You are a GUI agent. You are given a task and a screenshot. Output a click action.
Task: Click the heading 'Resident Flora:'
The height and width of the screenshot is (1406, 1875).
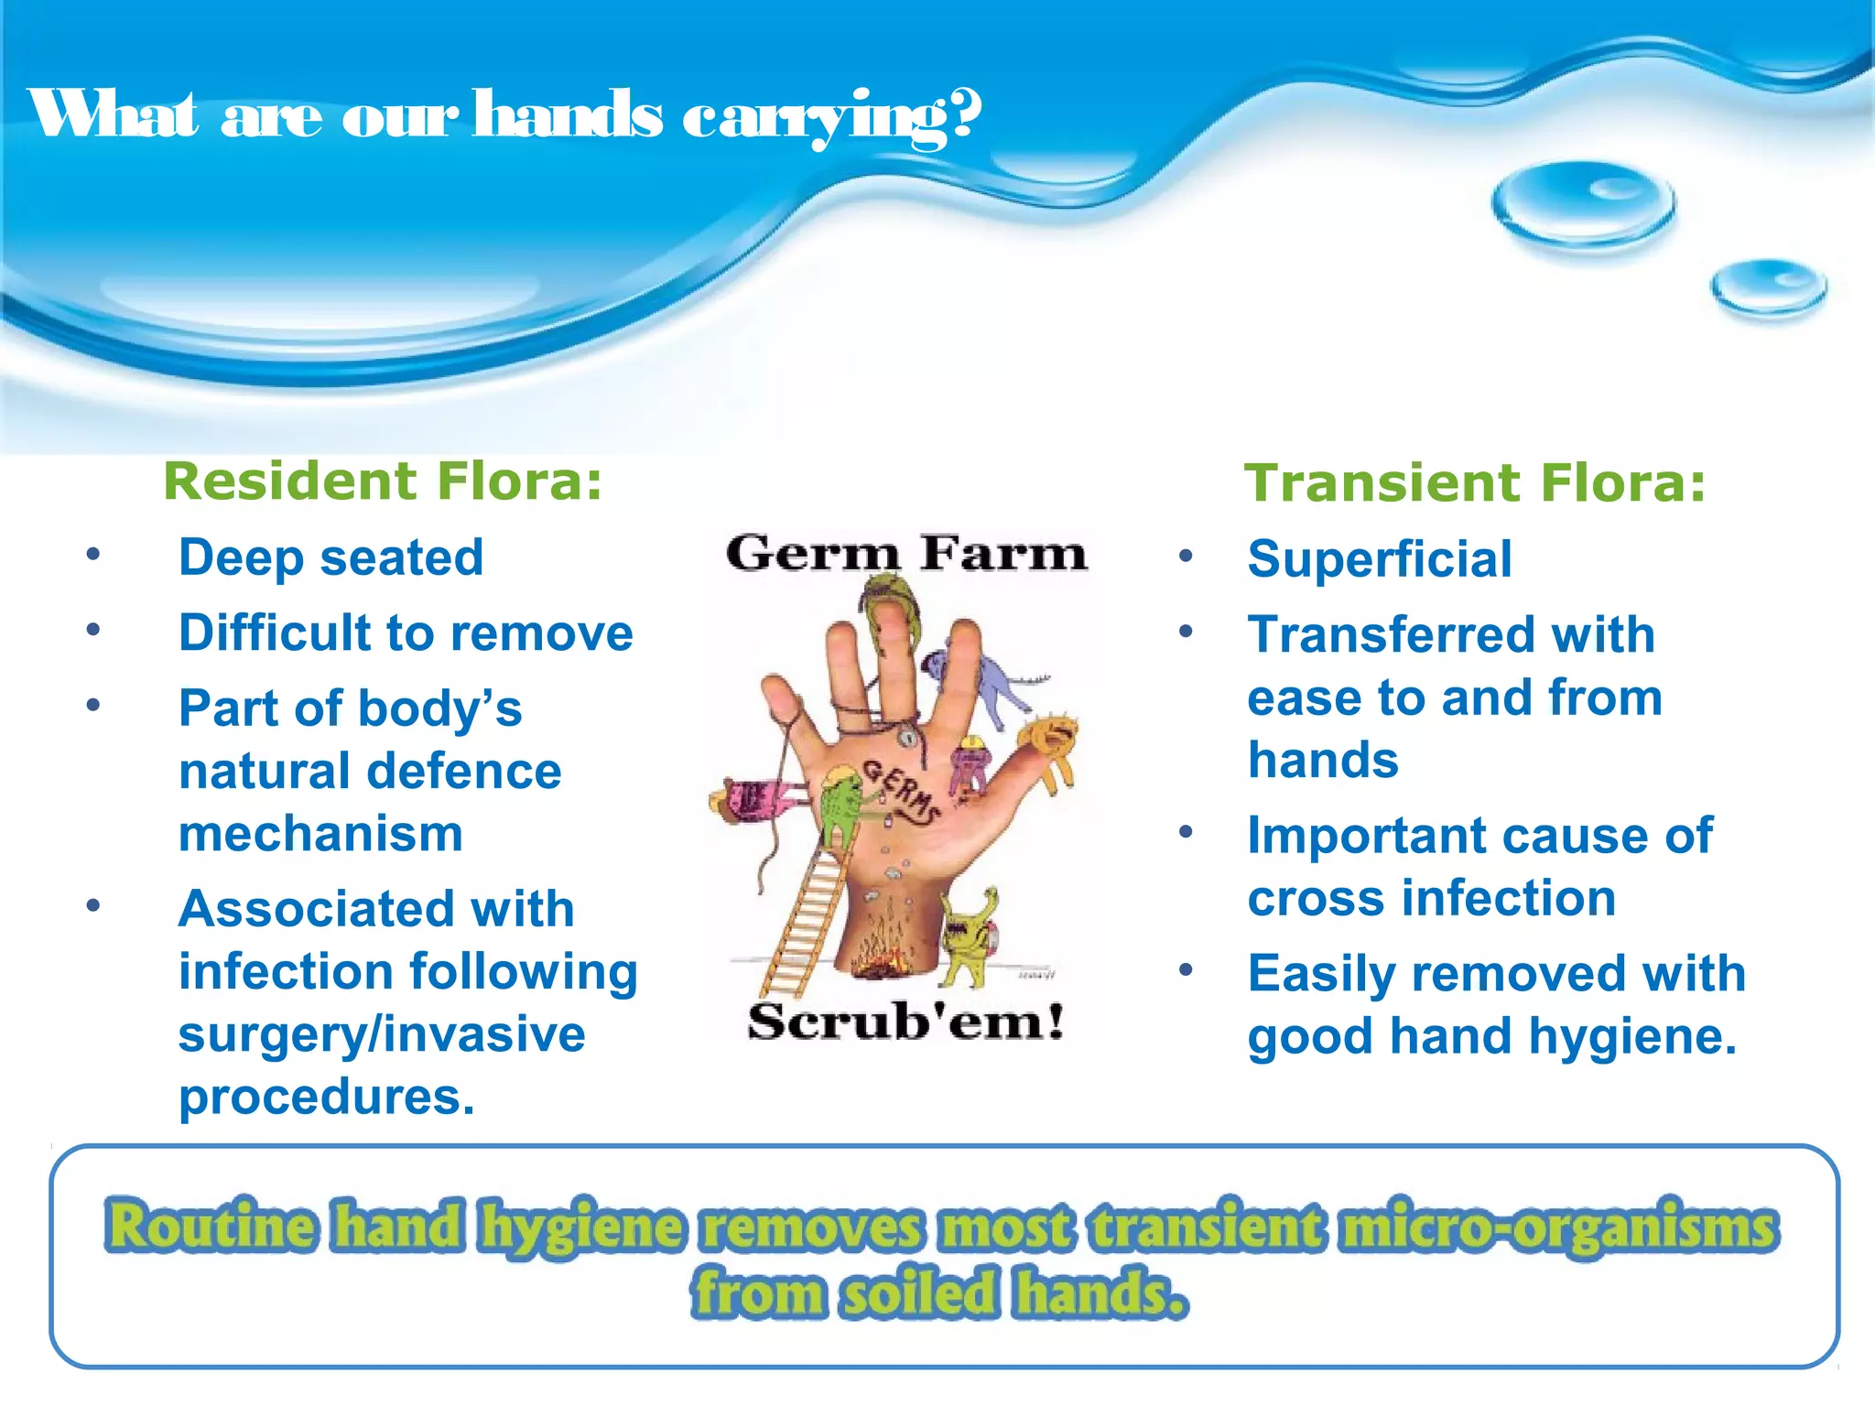point(383,481)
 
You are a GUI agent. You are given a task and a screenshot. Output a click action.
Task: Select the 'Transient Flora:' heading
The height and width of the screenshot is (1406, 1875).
point(1475,483)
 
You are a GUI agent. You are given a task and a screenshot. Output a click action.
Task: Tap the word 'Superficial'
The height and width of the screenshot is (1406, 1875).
point(1379,559)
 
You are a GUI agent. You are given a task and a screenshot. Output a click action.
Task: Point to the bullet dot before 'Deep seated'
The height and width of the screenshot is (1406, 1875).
point(92,554)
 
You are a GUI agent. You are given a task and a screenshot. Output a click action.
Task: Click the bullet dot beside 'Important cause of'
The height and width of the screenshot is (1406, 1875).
point(1186,832)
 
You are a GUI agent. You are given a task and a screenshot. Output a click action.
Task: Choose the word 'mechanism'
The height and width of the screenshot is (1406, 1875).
point(320,834)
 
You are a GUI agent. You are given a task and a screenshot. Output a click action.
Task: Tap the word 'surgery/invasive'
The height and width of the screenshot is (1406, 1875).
point(382,1034)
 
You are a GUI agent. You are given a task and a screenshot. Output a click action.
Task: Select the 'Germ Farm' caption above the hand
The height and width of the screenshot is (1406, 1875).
point(906,553)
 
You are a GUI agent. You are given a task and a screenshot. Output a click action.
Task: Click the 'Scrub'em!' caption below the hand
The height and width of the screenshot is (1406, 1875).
point(906,1022)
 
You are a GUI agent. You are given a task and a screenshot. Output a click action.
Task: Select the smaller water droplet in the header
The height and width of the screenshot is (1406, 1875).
point(1769,287)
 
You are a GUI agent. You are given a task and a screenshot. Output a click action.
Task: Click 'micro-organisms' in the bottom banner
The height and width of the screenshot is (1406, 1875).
point(1557,1228)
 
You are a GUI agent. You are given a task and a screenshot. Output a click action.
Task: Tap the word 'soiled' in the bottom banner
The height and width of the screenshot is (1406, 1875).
point(919,1293)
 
